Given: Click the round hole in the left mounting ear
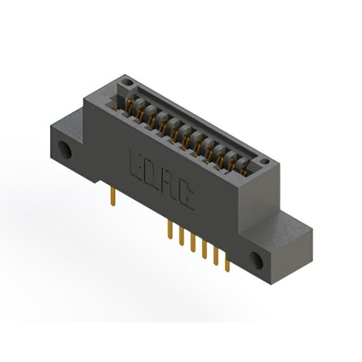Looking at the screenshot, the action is point(64,150).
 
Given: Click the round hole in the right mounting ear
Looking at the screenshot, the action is point(257,260).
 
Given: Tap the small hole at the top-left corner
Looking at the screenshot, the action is point(126,81).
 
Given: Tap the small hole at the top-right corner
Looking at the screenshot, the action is point(265,161).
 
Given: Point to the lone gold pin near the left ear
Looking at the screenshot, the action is point(113,196).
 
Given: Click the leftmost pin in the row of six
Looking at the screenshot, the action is point(170,230).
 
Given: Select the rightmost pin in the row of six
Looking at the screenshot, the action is point(227,265).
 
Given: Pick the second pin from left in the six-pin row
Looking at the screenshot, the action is point(182,236).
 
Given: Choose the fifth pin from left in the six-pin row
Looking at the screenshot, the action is point(216,256).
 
